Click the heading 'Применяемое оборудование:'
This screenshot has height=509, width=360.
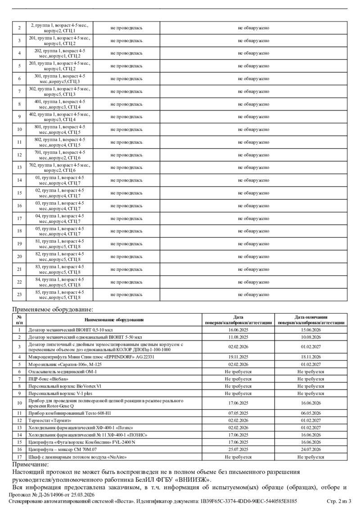pos(53,309)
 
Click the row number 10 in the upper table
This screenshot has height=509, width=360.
pos(19,129)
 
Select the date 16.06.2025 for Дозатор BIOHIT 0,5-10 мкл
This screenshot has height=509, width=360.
pos(238,330)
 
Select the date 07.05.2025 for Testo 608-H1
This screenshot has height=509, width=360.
pos(238,413)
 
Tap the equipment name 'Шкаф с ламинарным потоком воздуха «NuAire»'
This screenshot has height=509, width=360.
pos(77,456)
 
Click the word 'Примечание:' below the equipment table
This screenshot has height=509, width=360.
pos(30,464)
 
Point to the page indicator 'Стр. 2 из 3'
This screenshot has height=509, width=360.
pos(338,501)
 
